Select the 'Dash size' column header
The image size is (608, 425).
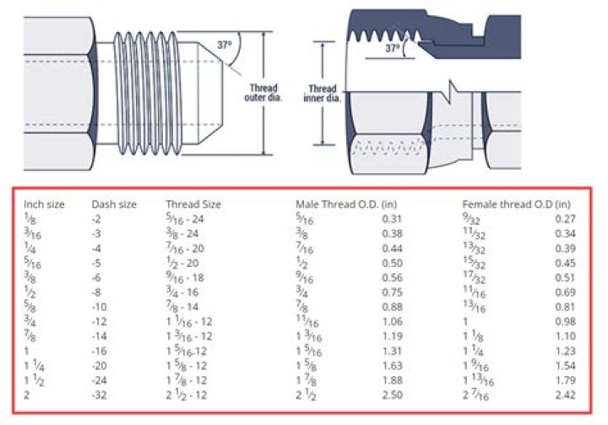pyautogui.click(x=111, y=204)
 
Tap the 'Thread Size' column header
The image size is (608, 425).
pyautogui.click(x=193, y=204)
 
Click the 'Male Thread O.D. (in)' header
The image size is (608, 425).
pyautogui.click(x=346, y=204)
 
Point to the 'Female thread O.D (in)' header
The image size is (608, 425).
pyautogui.click(x=516, y=204)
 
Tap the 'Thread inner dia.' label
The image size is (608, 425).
pyautogui.click(x=322, y=92)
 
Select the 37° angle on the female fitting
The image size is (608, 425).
pyautogui.click(x=393, y=49)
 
